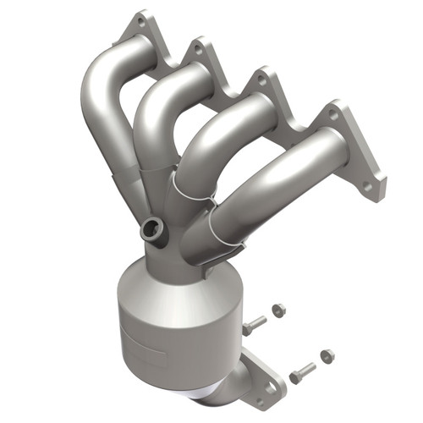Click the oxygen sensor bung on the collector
(153, 228)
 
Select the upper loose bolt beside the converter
(253, 324)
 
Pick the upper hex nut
(280, 310)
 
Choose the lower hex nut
(327, 355)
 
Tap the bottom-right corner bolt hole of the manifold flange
(368, 184)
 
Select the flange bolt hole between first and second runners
(197, 50)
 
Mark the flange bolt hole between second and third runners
(261, 81)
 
